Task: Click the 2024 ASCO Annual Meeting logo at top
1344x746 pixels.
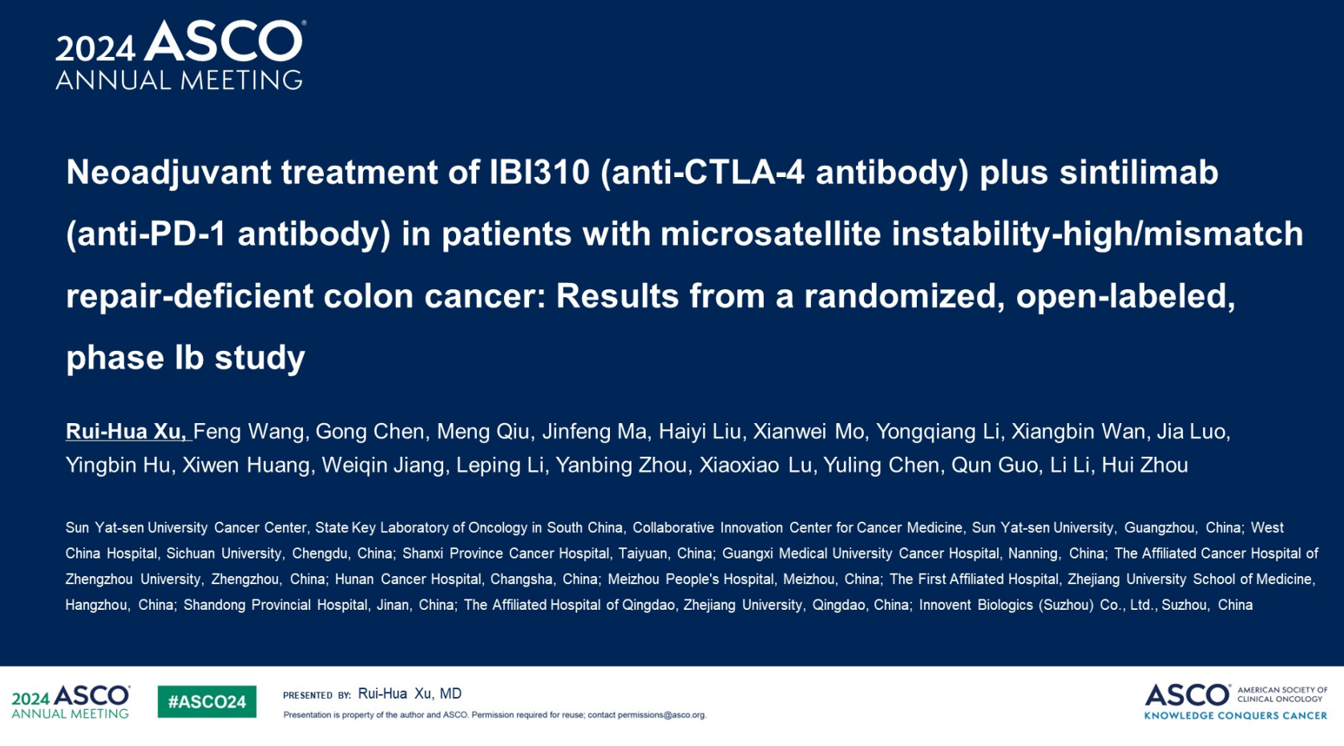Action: (x=180, y=55)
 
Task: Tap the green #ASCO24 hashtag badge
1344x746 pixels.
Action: (x=207, y=702)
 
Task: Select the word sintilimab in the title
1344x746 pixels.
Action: (x=1139, y=172)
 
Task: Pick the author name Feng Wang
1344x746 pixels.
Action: (x=248, y=432)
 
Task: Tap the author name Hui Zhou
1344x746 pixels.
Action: (x=1144, y=465)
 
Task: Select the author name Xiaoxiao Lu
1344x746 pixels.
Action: (x=756, y=465)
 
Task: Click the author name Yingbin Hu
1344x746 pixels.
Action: (x=118, y=466)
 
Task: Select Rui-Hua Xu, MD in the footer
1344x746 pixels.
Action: (x=410, y=694)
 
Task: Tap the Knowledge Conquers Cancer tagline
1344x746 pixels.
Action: (x=1235, y=716)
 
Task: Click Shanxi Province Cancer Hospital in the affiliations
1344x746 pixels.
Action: (x=506, y=554)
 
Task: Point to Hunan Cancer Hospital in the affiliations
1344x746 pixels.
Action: (x=408, y=579)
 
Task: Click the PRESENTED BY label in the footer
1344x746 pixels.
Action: (x=317, y=695)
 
